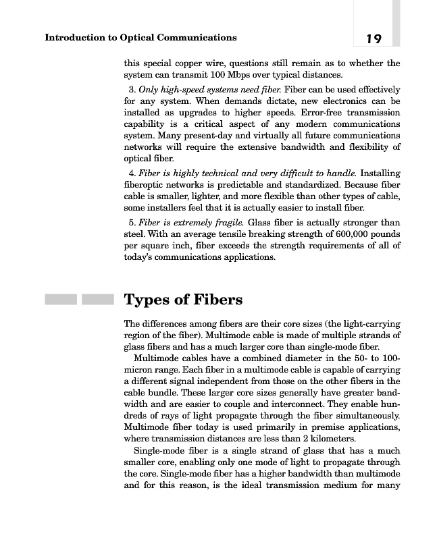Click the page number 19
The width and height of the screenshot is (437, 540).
click(371, 38)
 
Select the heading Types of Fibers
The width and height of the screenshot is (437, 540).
click(184, 299)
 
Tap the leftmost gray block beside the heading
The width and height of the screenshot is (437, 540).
click(60, 299)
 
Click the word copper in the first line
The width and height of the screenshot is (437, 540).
click(198, 63)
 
